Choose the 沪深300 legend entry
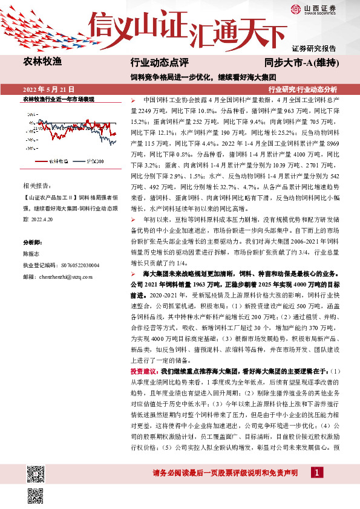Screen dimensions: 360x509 (x=94, y=161)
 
